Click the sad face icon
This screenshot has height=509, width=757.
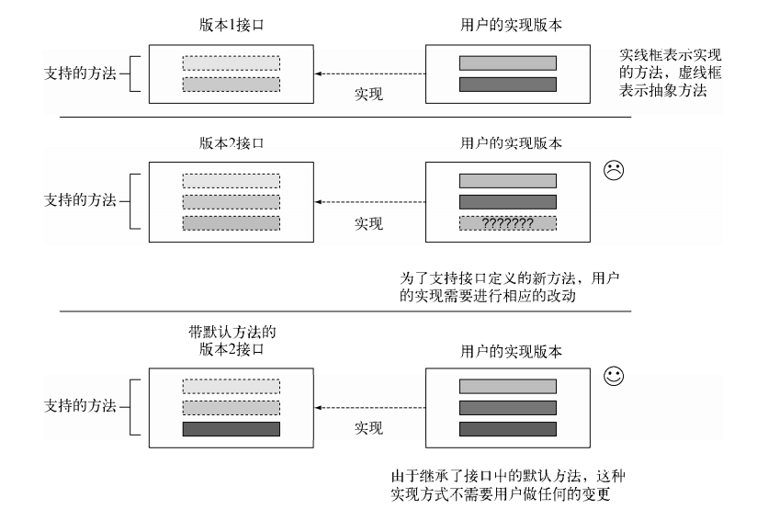coord(614,170)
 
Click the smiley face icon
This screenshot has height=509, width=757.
coord(614,376)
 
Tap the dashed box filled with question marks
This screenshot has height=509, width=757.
coord(508,223)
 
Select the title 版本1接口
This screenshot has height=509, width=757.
coord(232,25)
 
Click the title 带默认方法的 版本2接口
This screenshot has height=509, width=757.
coord(232,341)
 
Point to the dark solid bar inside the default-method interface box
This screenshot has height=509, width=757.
coord(232,429)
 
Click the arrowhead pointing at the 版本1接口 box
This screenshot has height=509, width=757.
coord(318,74)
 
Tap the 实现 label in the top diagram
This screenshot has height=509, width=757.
coord(368,94)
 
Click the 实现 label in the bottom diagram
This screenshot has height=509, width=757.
coord(368,428)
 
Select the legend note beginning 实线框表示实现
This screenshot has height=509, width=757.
coord(670,73)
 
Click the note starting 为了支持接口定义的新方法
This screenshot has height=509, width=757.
coord(509,287)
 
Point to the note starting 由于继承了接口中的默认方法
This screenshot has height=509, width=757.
coord(508,485)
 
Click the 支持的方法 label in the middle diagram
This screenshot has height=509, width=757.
coord(80,200)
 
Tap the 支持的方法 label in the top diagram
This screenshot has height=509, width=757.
coord(80,74)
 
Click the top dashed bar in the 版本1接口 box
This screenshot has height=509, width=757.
coord(232,63)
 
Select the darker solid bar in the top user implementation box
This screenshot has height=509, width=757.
coord(508,85)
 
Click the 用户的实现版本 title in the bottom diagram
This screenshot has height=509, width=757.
coord(512,351)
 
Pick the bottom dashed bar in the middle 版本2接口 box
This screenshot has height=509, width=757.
coord(232,223)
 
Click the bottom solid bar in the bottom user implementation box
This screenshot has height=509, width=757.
coord(508,429)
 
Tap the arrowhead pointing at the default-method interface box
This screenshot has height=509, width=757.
coord(318,408)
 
